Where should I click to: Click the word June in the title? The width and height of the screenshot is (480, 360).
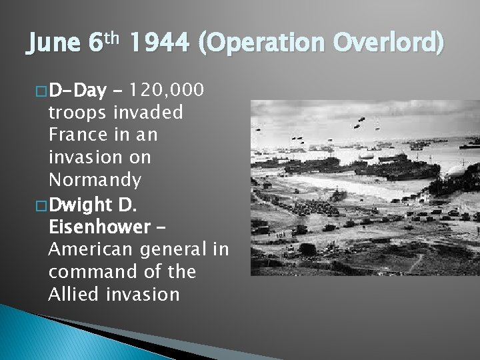point(53,45)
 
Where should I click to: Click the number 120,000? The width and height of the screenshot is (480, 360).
point(169,89)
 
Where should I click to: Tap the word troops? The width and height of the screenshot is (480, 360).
point(79,113)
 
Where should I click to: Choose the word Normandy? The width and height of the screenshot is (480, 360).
point(95,181)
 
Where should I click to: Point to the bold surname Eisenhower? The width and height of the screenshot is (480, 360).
point(99,227)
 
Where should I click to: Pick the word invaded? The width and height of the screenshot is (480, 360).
point(150,113)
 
